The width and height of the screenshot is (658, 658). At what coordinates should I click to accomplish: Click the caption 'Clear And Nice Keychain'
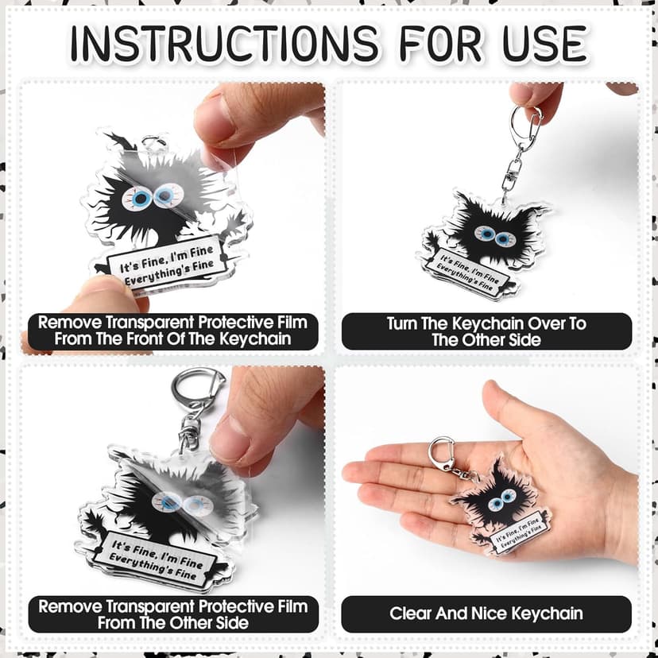[486, 613]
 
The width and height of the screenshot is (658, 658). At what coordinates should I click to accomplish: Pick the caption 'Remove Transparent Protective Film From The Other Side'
[172, 614]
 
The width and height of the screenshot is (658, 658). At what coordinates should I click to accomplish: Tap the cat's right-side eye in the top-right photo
[502, 235]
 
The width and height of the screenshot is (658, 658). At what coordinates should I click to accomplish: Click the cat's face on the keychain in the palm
[500, 500]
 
